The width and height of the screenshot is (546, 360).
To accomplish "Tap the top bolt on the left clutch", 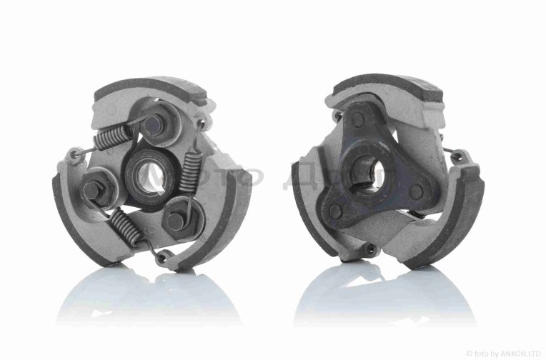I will tap(153, 123).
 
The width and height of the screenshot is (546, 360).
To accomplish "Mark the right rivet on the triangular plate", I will tap(416, 192).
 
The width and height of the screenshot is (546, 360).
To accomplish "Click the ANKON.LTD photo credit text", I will tap(504, 353).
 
